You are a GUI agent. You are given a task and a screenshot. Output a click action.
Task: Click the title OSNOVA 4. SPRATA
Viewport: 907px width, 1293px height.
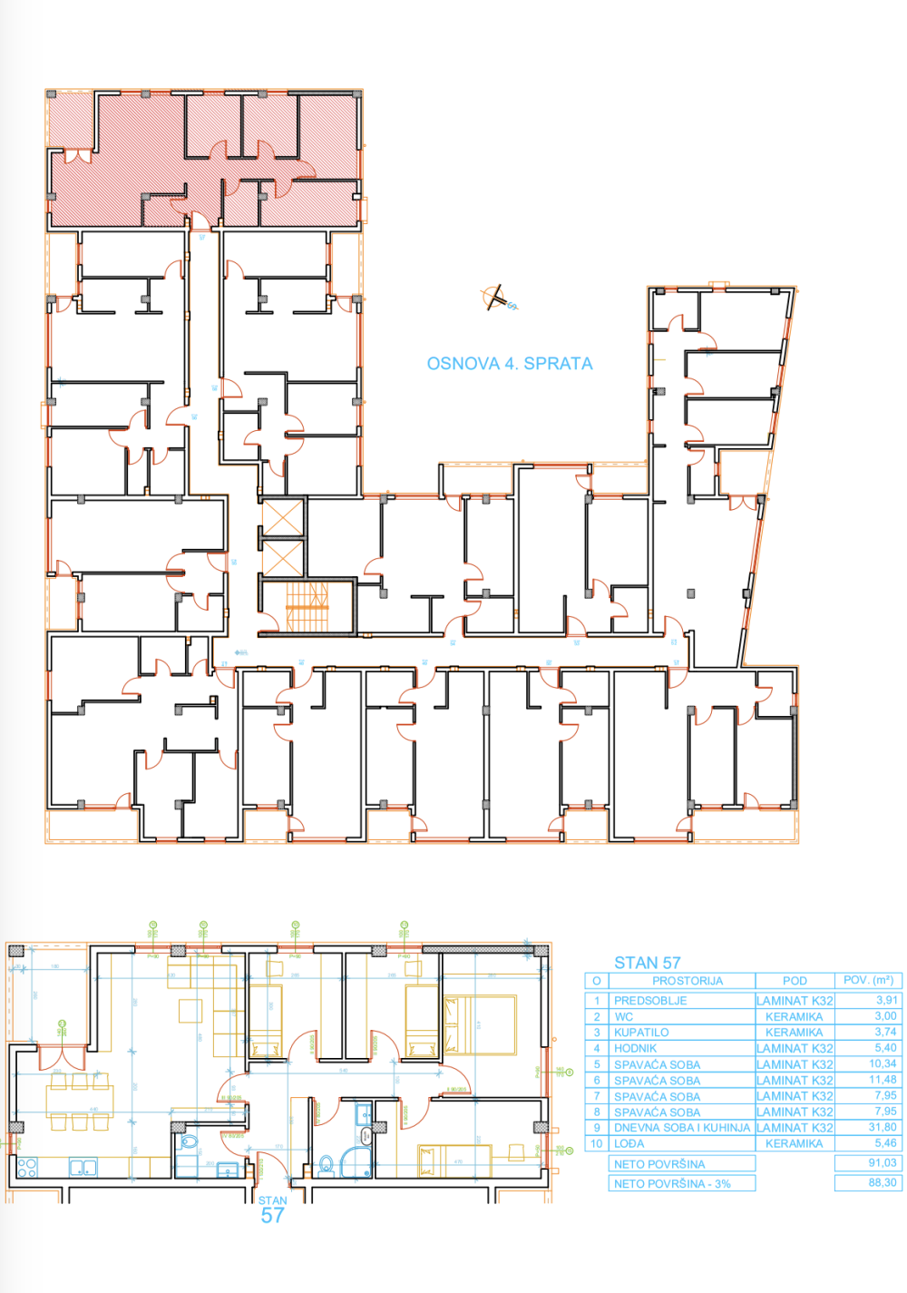coord(510,364)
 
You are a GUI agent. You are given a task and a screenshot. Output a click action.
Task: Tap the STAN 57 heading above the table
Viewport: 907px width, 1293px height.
coord(647,963)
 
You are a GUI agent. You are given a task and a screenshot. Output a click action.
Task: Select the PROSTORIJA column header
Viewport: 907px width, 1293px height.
coord(687,981)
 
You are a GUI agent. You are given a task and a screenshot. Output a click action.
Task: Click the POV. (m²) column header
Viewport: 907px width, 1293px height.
coord(868,981)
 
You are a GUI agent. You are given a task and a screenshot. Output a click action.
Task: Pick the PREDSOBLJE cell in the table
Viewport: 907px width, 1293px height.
coord(650,1001)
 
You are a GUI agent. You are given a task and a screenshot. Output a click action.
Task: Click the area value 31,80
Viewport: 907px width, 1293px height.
coord(882,1128)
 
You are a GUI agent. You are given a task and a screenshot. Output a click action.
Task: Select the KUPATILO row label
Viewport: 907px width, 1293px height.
coord(641,1033)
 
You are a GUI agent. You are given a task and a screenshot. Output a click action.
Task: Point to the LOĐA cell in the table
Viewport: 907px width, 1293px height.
coord(629,1144)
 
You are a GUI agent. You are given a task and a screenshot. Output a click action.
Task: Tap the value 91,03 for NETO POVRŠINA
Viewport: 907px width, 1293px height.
coord(882,1163)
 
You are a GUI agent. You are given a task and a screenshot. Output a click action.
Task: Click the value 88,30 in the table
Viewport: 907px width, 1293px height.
coord(882,1183)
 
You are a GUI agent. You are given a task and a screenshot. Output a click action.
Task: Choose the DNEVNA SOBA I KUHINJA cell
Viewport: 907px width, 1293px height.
coord(681,1128)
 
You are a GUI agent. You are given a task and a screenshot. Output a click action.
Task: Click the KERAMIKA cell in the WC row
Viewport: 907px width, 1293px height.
coord(794,1017)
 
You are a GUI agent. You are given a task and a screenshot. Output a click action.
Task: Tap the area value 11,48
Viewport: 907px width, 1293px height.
coord(882,1080)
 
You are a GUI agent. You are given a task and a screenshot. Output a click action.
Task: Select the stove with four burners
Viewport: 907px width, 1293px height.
coord(27,1167)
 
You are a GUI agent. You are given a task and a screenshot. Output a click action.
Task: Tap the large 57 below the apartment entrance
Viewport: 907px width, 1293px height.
coord(272,1217)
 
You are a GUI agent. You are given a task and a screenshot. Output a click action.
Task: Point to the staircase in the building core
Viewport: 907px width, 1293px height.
coord(306,606)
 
